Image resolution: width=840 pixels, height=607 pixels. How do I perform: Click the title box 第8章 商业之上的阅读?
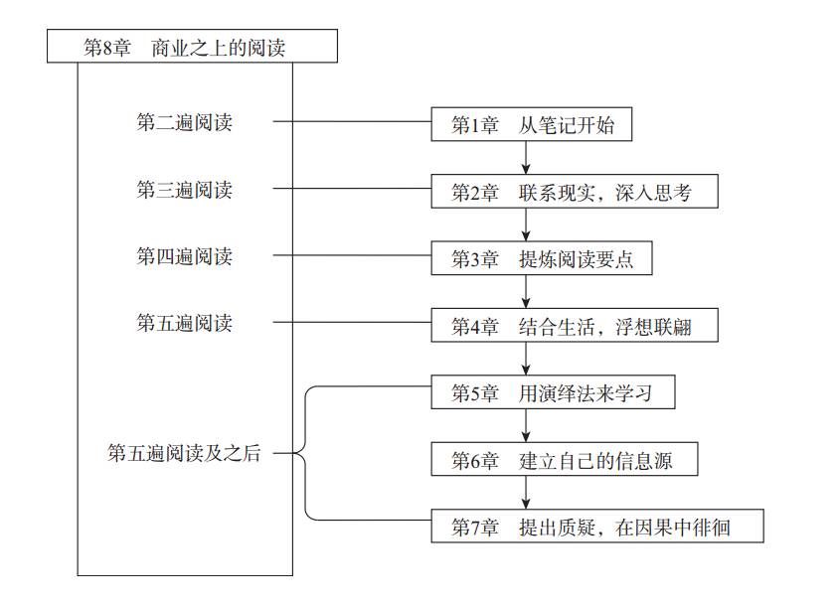192,47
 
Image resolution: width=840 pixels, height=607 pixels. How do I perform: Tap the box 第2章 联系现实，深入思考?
575,192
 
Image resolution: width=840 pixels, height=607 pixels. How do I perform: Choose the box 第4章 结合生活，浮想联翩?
575,326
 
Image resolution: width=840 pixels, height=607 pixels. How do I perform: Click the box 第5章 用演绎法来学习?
554,392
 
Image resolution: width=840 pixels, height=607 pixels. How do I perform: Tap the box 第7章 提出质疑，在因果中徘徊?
597,527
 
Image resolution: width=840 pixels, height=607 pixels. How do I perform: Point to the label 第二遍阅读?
184,123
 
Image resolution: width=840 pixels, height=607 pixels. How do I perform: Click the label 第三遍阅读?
184,190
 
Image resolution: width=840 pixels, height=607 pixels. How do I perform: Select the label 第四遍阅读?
184,256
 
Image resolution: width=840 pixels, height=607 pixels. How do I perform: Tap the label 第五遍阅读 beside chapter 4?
184,323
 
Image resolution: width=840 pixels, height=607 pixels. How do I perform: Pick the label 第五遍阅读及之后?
184,455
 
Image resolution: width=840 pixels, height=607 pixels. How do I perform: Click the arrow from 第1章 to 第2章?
526,158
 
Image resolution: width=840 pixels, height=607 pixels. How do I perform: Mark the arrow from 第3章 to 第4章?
526,292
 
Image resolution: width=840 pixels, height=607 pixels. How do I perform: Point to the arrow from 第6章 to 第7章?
526,493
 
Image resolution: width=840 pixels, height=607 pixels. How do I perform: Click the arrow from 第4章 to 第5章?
526,359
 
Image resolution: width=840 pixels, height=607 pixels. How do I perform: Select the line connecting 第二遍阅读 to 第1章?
352,123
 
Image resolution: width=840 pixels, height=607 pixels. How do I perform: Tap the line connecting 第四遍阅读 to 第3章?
352,256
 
